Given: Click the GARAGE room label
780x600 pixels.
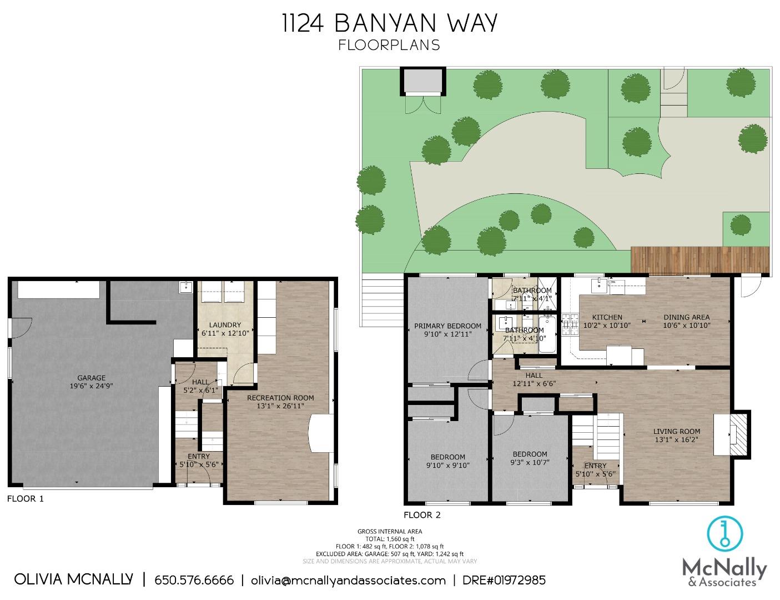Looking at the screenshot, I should click(x=91, y=378).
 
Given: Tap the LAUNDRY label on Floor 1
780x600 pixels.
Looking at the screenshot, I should click(x=225, y=325).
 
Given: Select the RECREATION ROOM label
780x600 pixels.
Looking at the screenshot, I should click(x=280, y=398).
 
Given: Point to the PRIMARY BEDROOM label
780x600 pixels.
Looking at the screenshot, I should click(x=448, y=326).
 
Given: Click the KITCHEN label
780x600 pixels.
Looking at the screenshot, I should click(x=607, y=318).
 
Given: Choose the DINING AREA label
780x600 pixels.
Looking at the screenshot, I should click(x=687, y=318).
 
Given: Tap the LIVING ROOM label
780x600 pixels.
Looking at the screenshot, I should click(x=676, y=431).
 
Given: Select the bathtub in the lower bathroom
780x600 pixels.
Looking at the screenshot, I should click(x=546, y=334).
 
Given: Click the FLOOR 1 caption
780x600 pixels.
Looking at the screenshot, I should click(x=25, y=499).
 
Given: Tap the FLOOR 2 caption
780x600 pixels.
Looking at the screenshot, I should click(x=422, y=515).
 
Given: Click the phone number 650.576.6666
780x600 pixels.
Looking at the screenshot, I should click(x=194, y=581).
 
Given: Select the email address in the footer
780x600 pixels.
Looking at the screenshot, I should click(x=348, y=581).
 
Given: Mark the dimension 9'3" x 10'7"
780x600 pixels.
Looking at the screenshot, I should click(x=530, y=462).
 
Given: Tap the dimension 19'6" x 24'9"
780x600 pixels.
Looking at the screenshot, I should click(x=91, y=386).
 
